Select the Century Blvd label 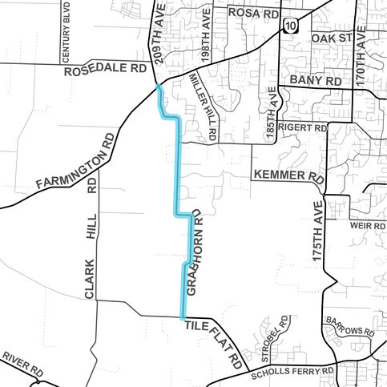coord(67,34)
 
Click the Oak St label coord(332,38)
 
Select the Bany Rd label coord(316,81)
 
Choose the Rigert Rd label coord(304,127)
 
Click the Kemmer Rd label coord(288,175)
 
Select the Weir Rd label coord(368,226)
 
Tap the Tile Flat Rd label coord(212,344)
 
